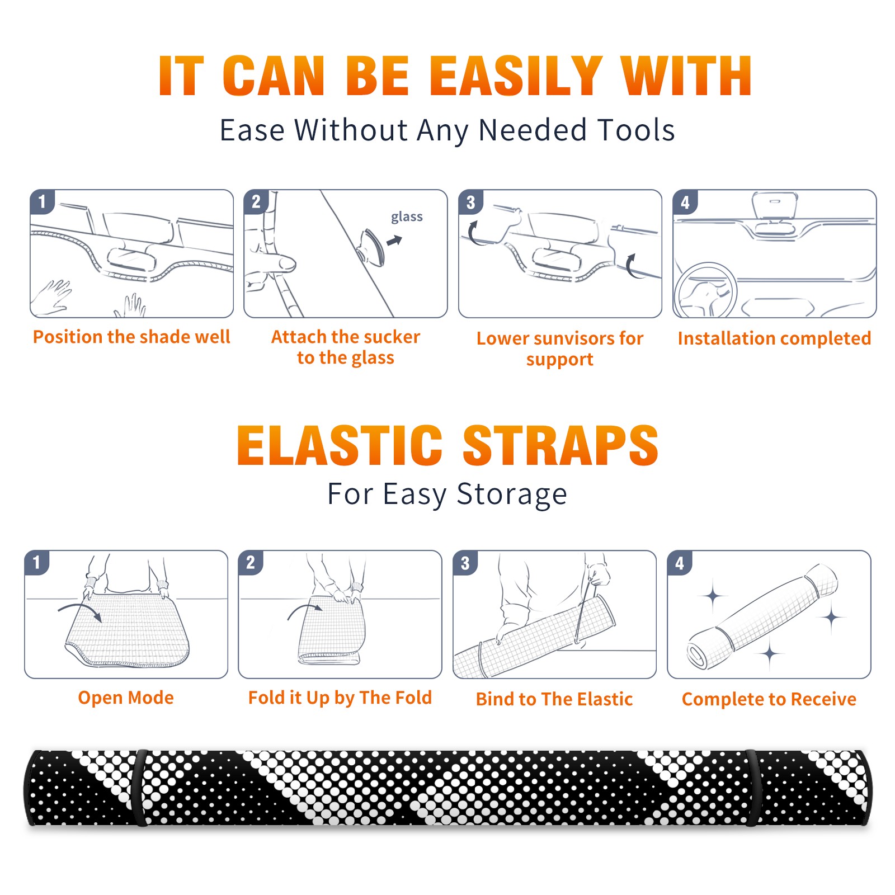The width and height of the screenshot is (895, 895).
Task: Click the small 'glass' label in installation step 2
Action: point(407,217)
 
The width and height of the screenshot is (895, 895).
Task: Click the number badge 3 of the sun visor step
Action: point(470,202)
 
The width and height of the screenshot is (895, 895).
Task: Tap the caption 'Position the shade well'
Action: point(131,337)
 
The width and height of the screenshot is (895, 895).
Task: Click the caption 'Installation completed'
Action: point(774,338)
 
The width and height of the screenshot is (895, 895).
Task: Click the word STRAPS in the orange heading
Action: point(560,445)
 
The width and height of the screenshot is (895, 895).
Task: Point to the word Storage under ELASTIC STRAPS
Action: point(512,494)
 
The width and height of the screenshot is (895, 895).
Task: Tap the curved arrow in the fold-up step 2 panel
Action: point(305,610)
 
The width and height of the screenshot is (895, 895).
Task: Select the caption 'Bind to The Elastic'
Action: point(554,699)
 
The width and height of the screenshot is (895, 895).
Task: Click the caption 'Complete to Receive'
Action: point(769,699)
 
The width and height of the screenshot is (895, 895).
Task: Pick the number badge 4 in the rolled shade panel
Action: point(680,563)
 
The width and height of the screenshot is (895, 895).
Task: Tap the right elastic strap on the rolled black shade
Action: point(751,788)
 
